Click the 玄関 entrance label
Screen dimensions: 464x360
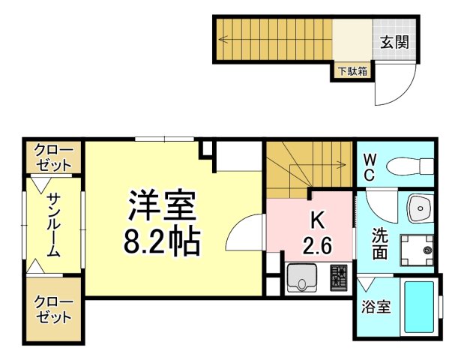tap(394, 42)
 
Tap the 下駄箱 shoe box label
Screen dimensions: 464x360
tap(352, 71)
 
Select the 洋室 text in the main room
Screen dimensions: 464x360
tap(162, 205)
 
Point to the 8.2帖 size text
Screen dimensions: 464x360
tap(162, 241)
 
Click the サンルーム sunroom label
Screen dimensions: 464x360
tap(53, 225)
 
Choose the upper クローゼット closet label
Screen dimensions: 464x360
tap(53, 157)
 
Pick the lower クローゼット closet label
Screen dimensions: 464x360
tap(53, 309)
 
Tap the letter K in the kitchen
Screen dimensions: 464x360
tap(316, 220)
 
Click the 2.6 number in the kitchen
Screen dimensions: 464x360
tap(316, 246)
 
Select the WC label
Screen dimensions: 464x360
tap(370, 168)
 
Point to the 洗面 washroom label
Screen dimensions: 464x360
tap(379, 244)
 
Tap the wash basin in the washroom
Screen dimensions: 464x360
tap(420, 208)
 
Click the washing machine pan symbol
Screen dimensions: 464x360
tap(417, 250)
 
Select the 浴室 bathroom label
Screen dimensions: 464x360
tap(376, 307)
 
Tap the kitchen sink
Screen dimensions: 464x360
tap(301, 278)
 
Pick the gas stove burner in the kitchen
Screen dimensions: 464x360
tap(339, 278)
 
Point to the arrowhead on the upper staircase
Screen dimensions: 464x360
tap(223, 39)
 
